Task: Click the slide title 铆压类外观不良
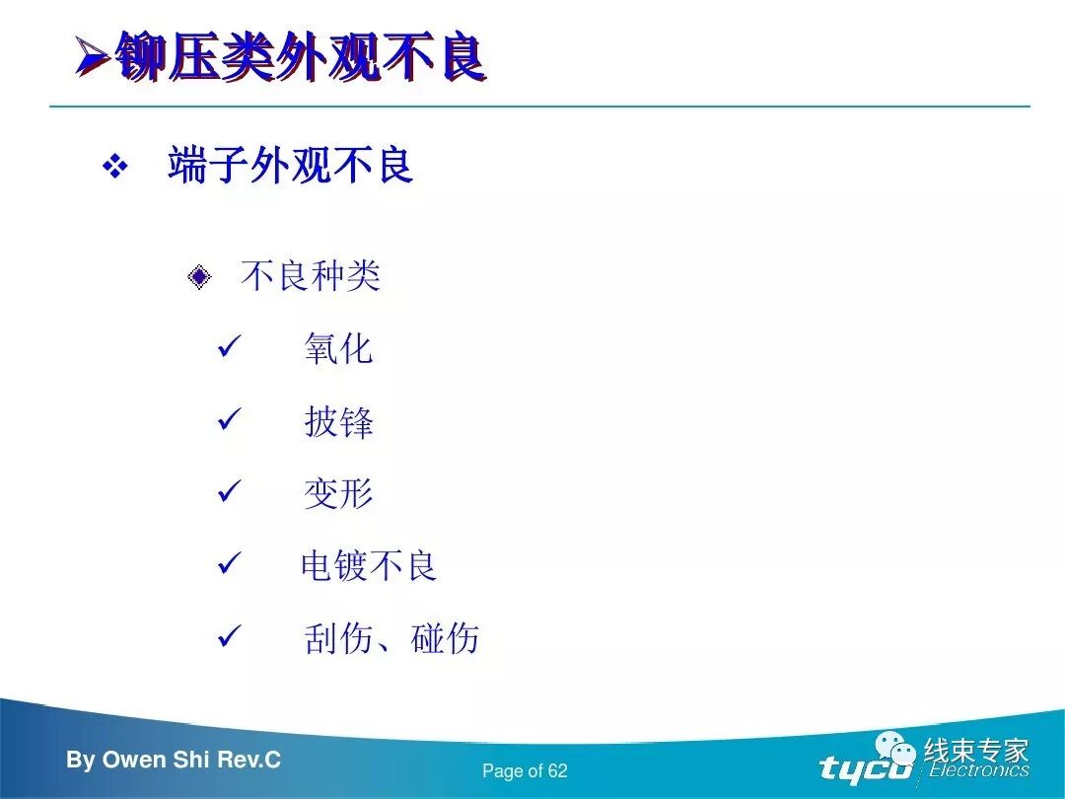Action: click(300, 58)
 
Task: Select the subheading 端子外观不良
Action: click(290, 166)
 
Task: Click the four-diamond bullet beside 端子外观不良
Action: click(115, 167)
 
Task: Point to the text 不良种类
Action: click(310, 276)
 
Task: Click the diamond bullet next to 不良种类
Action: click(199, 277)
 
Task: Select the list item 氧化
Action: click(338, 349)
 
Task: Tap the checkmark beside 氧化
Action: click(229, 347)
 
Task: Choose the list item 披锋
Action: click(338, 422)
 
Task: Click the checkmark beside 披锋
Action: click(229, 420)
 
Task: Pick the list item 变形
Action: click(338, 494)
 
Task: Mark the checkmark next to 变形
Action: click(229, 492)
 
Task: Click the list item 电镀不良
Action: click(369, 566)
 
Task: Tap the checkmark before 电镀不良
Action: click(229, 565)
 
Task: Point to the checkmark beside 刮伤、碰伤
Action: click(229, 637)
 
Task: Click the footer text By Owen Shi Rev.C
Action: click(174, 760)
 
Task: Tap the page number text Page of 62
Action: click(525, 771)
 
